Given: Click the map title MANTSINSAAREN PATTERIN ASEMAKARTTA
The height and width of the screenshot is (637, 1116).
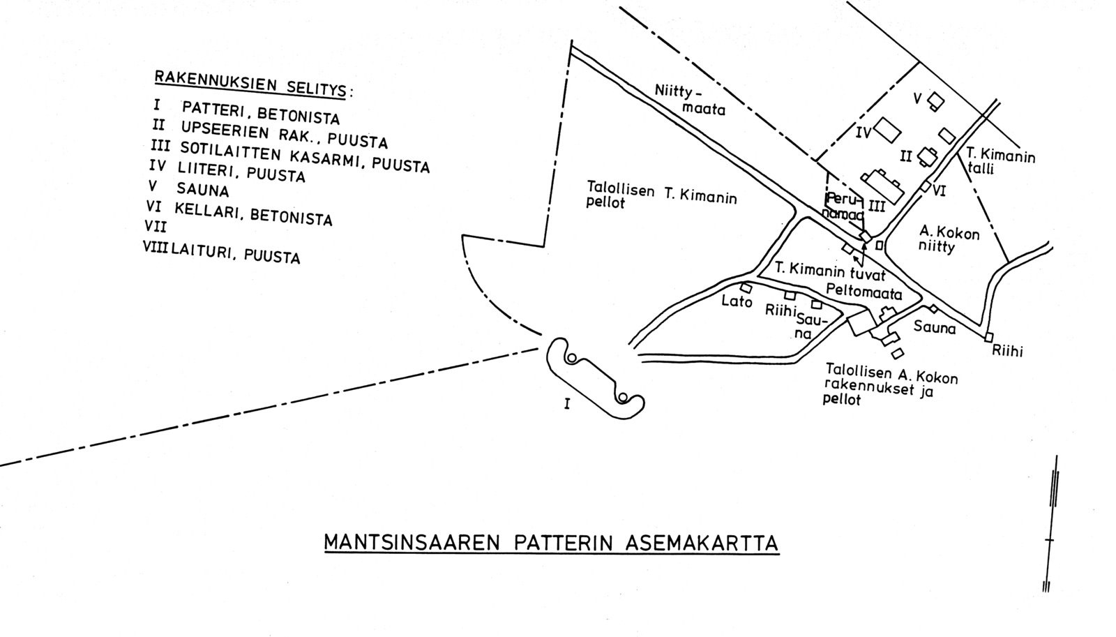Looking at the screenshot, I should click(x=551, y=543).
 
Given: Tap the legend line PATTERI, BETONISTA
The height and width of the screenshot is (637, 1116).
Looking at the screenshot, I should click(x=260, y=113).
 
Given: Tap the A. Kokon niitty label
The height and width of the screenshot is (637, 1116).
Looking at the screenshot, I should click(x=949, y=239).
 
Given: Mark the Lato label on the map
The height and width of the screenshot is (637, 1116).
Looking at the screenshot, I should click(x=737, y=302).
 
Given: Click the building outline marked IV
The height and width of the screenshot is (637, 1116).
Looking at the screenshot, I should click(x=887, y=129).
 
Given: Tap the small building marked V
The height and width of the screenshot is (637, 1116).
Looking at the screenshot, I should click(x=936, y=102).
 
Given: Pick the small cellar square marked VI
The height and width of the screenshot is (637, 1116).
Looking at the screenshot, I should click(x=925, y=187).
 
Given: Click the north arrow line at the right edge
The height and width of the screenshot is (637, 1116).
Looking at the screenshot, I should click(x=1052, y=523).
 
